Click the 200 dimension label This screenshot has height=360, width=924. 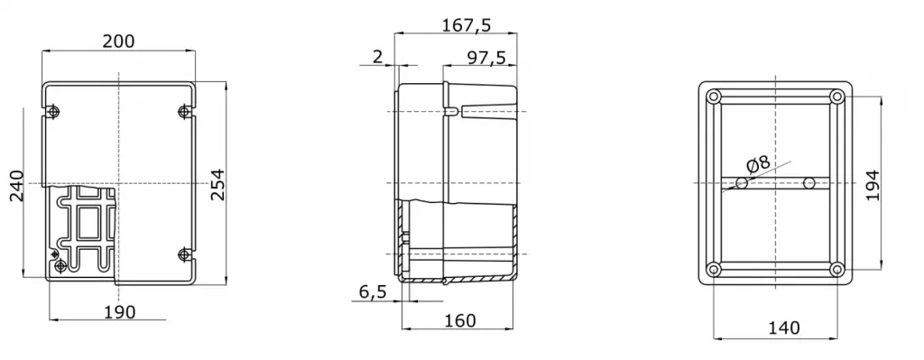(118, 42)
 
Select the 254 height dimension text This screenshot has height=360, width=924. (218, 184)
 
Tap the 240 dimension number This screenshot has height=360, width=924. (16, 186)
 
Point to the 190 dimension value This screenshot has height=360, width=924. (120, 311)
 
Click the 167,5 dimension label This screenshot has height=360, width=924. (467, 24)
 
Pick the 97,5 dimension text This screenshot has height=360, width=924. (486, 57)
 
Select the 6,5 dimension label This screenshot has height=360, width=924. (372, 291)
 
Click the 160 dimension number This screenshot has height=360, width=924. (459, 320)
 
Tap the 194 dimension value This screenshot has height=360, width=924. (873, 185)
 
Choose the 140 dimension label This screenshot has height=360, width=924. (784, 328)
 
